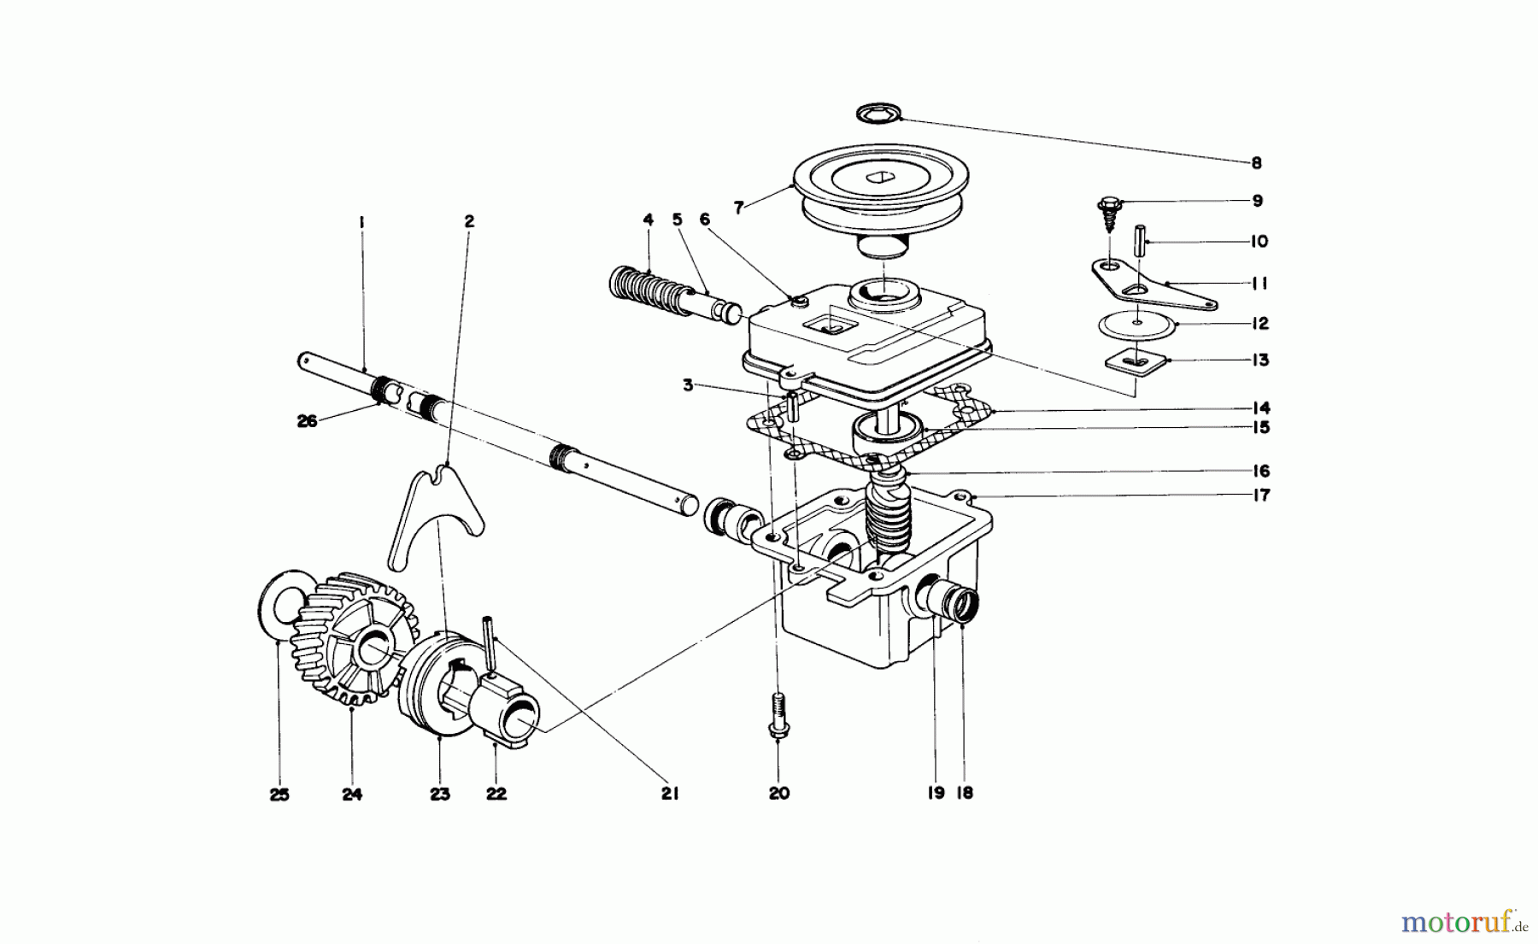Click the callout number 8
(x=1256, y=162)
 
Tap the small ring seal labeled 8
(x=878, y=112)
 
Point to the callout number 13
(x=1259, y=360)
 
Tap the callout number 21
(x=670, y=794)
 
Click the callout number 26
(x=307, y=420)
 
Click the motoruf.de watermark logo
(x=1463, y=923)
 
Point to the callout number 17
(x=1261, y=495)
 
